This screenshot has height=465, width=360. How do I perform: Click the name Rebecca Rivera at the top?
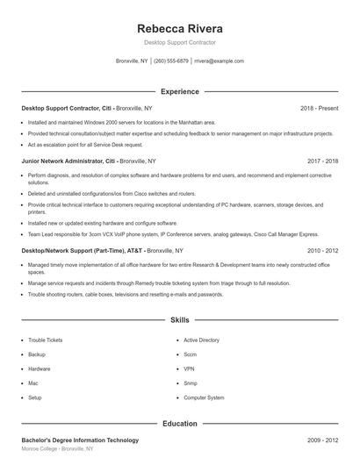179,28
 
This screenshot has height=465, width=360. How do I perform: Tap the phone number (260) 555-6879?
170,61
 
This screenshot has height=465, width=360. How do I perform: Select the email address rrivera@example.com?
219,61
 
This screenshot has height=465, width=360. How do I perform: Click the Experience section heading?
179,91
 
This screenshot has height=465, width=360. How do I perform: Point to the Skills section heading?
179,321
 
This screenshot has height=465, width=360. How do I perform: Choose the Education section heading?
179,424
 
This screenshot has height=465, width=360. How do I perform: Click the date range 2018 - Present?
319,108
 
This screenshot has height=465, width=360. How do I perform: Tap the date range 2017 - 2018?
322,161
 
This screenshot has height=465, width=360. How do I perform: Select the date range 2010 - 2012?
322,250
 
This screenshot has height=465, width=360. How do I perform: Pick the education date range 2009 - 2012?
322,440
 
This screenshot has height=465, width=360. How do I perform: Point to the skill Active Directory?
201,340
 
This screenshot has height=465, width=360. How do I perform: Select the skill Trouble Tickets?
45,340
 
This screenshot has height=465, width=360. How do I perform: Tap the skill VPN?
190,368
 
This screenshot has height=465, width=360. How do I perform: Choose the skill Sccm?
191,354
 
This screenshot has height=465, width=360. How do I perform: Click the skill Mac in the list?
33,383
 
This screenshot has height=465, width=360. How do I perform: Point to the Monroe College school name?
40,448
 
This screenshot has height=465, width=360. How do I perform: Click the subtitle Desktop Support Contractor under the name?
179,42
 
